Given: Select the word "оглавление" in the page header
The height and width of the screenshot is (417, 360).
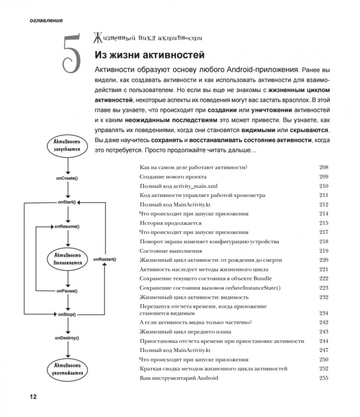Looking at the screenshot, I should click(46, 20).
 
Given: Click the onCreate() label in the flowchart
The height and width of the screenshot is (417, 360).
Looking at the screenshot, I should click(67, 178).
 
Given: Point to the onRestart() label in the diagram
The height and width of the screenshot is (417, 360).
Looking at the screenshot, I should click(104, 259).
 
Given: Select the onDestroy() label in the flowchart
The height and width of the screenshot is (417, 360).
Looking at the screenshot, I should click(67, 337).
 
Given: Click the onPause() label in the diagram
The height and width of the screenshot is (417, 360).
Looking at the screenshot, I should click(67, 291).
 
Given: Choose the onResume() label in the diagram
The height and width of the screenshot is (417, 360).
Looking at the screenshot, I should click(67, 227).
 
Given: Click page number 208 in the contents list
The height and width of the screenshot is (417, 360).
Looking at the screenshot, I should click(324, 167).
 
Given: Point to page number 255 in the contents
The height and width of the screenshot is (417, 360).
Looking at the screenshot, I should click(324, 378).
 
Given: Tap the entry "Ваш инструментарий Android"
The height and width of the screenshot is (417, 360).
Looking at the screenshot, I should click(179, 378).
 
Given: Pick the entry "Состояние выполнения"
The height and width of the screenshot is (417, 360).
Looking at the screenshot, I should click(171, 251).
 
